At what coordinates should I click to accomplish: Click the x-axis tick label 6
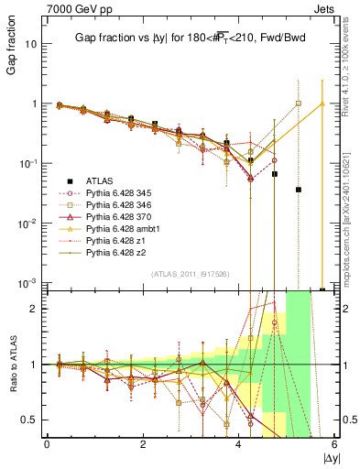pyautogui.click(x=334, y=446)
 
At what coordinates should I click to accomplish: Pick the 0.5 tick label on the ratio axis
pyautogui.click(x=28, y=420)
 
